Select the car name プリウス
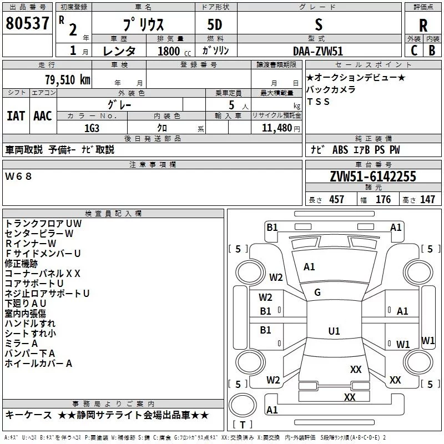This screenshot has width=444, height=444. (x=143, y=26)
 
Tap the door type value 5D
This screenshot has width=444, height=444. (x=215, y=25)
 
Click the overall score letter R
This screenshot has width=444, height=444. (x=423, y=26)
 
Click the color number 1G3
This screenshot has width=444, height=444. (x=92, y=127)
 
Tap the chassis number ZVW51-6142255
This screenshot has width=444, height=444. (x=372, y=177)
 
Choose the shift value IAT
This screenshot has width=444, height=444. (x=16, y=115)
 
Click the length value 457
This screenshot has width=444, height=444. (x=336, y=200)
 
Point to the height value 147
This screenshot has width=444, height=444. (x=427, y=200)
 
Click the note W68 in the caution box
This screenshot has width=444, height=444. (x=19, y=176)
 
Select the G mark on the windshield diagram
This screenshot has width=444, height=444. (x=317, y=292)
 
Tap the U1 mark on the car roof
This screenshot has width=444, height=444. (x=334, y=331)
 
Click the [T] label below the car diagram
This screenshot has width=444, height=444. (x=242, y=425)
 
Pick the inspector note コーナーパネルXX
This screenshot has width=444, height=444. (x=43, y=273)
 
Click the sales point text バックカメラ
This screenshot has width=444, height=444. (x=331, y=89)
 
